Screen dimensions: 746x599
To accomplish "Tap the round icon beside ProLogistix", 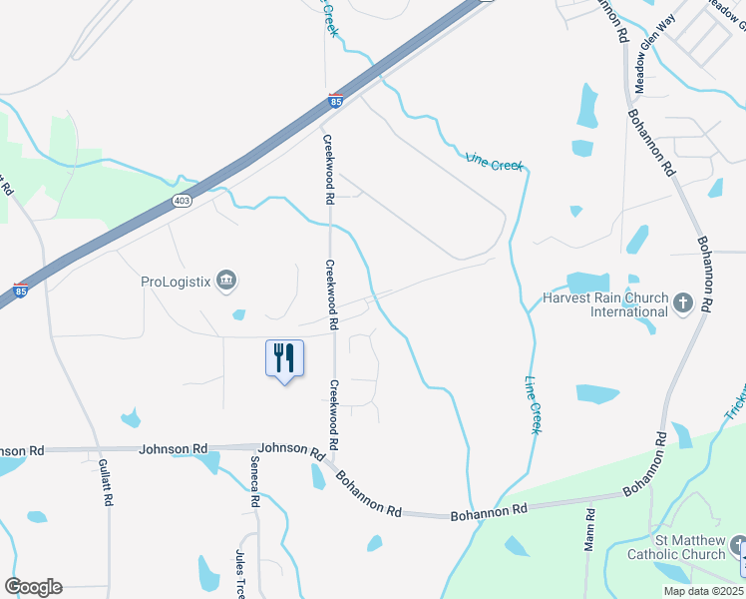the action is (x=226, y=281).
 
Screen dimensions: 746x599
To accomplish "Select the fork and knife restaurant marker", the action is (x=284, y=357).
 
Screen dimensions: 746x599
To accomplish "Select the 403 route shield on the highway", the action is (x=182, y=201).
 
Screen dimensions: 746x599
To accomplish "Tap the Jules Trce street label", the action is (x=240, y=573).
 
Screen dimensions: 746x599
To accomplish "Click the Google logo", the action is (x=33, y=587).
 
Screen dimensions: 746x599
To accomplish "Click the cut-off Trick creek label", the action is (x=734, y=399).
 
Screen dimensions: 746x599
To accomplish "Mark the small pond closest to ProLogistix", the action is (x=239, y=315).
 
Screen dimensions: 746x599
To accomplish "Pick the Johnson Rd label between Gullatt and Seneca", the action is (x=174, y=449).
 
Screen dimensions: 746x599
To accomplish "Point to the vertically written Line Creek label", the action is (x=533, y=404).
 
